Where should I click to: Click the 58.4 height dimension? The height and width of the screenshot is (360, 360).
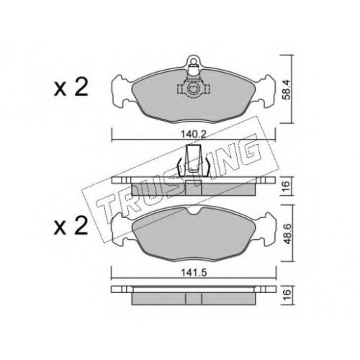[287, 89]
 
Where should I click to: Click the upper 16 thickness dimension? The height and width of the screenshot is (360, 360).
[287, 186]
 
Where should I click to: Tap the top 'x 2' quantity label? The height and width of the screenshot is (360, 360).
[71, 89]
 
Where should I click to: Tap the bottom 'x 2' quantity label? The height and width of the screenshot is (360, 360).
[71, 227]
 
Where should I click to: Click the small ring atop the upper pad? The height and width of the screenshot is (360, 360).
[194, 59]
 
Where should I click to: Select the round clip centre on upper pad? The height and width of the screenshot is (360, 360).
[194, 89]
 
